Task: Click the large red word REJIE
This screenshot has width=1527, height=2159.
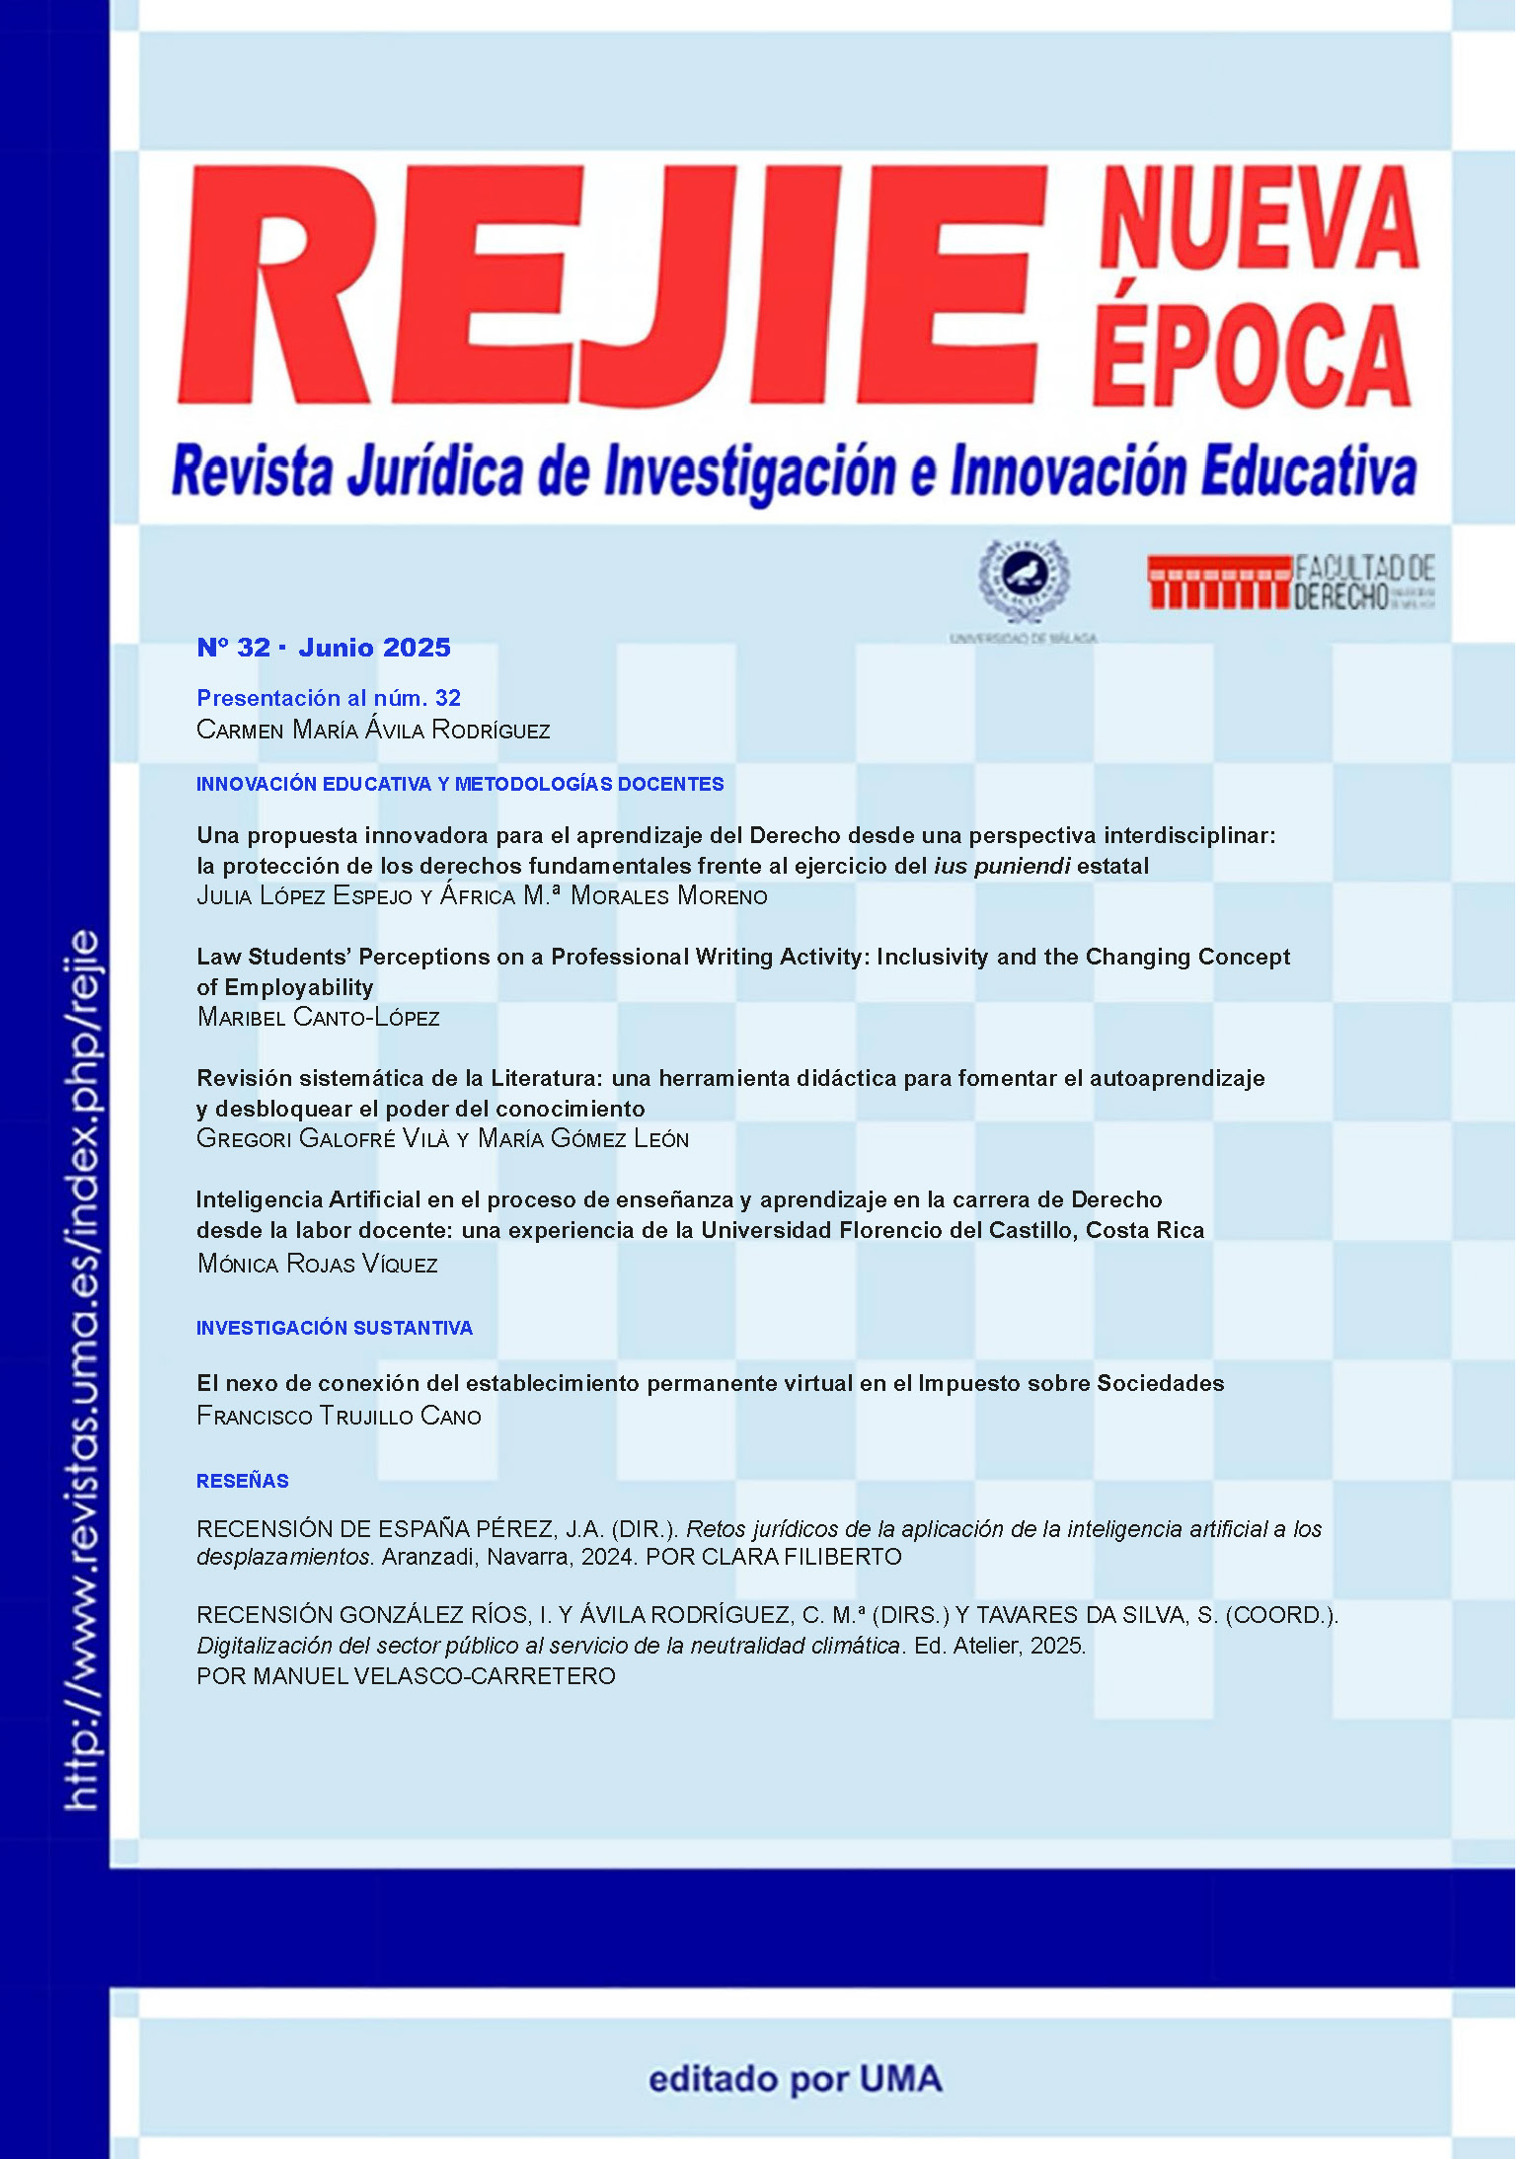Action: pos(607,286)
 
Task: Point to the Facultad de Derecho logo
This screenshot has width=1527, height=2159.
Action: pos(1290,581)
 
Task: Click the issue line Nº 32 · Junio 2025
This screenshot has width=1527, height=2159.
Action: pos(324,648)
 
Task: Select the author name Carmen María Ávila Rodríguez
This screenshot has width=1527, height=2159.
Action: pos(373,731)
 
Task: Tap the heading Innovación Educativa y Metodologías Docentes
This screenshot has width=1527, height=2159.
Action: pos(460,784)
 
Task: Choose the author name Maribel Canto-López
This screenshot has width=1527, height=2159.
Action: pos(318,1018)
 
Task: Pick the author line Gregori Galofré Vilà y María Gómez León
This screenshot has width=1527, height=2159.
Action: pos(442,1139)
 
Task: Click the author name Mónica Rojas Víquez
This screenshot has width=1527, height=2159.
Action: pos(317,1264)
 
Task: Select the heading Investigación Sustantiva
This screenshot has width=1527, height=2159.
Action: pos(335,1328)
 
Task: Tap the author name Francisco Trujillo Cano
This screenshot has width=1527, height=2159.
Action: pos(339,1417)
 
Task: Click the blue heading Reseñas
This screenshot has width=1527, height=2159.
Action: pos(243,1481)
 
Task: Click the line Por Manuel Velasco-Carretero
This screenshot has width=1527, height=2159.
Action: pos(406,1676)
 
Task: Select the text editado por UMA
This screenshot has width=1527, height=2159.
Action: pos(795,2078)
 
